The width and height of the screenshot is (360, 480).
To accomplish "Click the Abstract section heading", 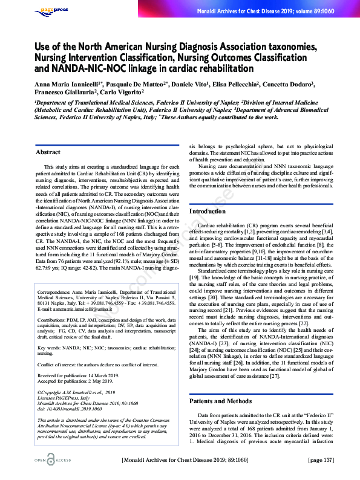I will tap(48, 152).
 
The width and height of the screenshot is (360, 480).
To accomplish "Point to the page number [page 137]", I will tap(321, 461).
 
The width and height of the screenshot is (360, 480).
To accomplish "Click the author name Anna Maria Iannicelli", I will tap(60, 84).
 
